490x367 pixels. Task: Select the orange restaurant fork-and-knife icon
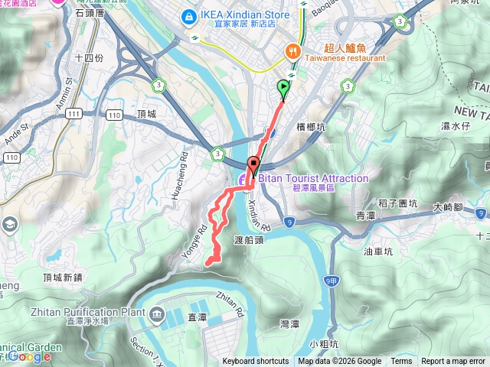coord(292,50)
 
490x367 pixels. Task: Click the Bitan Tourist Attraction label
coord(312,178)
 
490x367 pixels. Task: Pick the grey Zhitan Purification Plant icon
coord(157,313)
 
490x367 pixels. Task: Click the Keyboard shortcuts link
coord(256,362)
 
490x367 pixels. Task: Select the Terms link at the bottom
coord(401,362)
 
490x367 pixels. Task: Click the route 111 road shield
coord(73,113)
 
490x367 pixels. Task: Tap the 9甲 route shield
coord(331,281)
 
